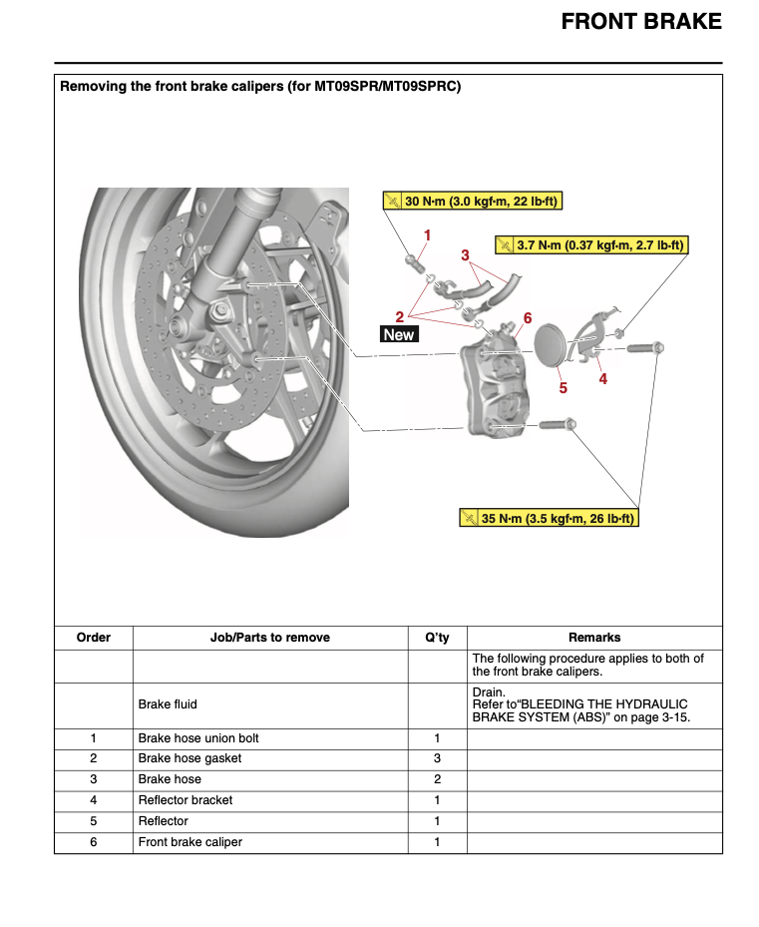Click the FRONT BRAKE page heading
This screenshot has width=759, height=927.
click(x=641, y=21)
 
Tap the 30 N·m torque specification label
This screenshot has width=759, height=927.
click(x=473, y=202)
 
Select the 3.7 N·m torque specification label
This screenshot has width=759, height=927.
click(x=591, y=244)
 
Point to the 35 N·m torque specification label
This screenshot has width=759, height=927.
click(x=548, y=519)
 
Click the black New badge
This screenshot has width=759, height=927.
click(x=398, y=335)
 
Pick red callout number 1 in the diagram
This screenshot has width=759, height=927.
click(x=427, y=235)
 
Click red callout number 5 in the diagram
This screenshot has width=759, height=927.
click(x=563, y=387)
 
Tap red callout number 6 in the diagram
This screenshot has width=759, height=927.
click(x=528, y=318)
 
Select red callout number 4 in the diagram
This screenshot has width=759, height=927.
click(x=602, y=379)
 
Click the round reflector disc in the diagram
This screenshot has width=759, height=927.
click(x=550, y=347)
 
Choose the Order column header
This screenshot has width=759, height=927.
click(x=94, y=638)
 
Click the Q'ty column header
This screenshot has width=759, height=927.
click(x=437, y=638)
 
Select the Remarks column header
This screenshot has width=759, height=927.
click(x=594, y=638)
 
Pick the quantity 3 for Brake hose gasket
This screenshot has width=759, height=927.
click(x=437, y=759)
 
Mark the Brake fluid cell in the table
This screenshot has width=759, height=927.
click(x=168, y=704)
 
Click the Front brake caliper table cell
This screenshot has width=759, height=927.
click(x=190, y=842)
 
